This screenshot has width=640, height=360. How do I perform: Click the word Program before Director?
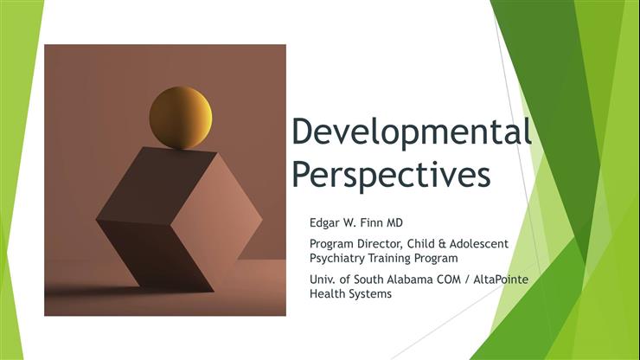(333, 243)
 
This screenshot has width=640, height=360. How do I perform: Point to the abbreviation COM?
(459, 280)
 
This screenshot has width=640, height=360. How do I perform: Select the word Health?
(329, 294)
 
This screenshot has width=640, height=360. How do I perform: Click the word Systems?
(373, 294)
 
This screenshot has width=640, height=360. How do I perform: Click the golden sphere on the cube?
(180, 118)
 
